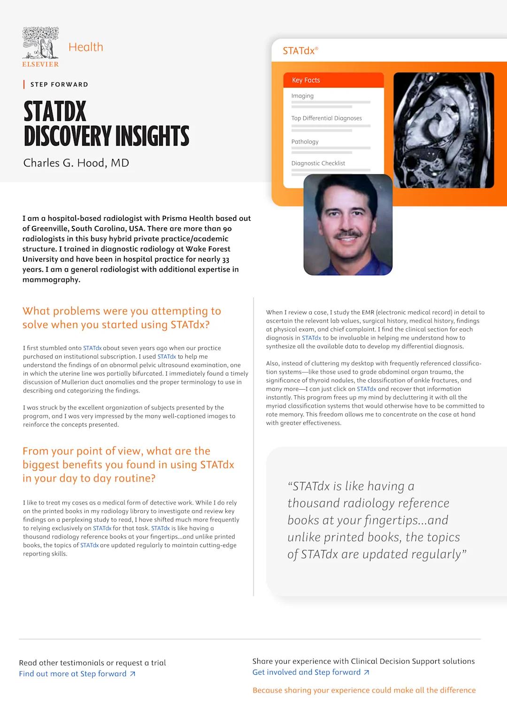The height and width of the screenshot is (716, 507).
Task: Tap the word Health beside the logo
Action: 85,47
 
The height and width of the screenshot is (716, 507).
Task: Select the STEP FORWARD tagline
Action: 59,84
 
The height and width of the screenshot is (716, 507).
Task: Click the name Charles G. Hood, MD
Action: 76,163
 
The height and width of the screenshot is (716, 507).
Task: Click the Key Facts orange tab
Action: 306,80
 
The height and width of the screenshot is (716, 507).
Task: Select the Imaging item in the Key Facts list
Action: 302,96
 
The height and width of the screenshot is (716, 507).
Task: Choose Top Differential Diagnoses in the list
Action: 326,118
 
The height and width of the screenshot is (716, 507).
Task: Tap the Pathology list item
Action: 305,142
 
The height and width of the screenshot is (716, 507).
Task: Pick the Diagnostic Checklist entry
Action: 318,163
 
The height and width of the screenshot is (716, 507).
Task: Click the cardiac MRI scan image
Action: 443,130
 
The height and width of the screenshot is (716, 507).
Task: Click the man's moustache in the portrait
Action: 348,234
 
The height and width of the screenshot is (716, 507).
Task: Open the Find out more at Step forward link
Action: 73,674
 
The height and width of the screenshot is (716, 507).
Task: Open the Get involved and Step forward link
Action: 307,672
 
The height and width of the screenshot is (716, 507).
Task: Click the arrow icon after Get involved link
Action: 367,672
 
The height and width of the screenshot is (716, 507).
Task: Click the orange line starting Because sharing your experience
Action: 364,690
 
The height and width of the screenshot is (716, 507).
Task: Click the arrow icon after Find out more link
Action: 133,674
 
